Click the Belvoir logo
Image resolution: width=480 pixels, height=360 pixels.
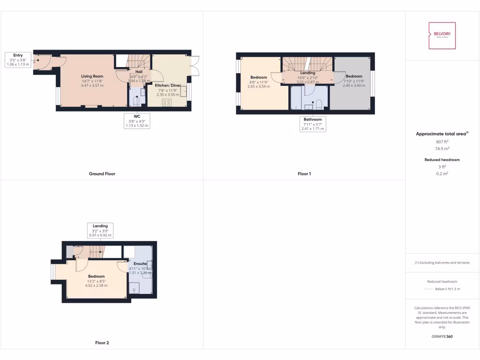coord(442,36)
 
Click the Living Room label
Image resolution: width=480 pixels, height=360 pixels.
coord(92,76)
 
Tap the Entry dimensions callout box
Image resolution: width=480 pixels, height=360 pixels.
coord(18,60)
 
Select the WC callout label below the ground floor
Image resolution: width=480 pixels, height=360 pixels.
coord(137,120)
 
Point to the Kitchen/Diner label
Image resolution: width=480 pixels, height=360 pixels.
coord(167,85)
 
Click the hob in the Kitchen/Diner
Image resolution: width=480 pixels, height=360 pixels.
coord(166,103)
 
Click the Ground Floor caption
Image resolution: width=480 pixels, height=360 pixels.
coord(102,174)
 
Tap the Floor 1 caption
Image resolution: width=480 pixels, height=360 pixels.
coord(304,174)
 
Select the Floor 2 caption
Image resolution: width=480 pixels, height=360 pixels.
coord(102,343)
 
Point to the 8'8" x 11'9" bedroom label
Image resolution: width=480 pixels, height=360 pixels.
coord(258,77)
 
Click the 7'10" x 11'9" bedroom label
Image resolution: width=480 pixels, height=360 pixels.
coord(354,76)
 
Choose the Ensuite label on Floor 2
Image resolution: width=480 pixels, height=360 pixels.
coord(140,264)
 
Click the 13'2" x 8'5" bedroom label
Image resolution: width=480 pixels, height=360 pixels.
coord(96,277)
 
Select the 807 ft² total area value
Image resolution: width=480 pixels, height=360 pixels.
coord(442,142)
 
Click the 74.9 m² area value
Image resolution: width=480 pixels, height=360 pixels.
coord(442,149)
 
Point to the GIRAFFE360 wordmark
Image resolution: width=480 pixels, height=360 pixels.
coord(442,337)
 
